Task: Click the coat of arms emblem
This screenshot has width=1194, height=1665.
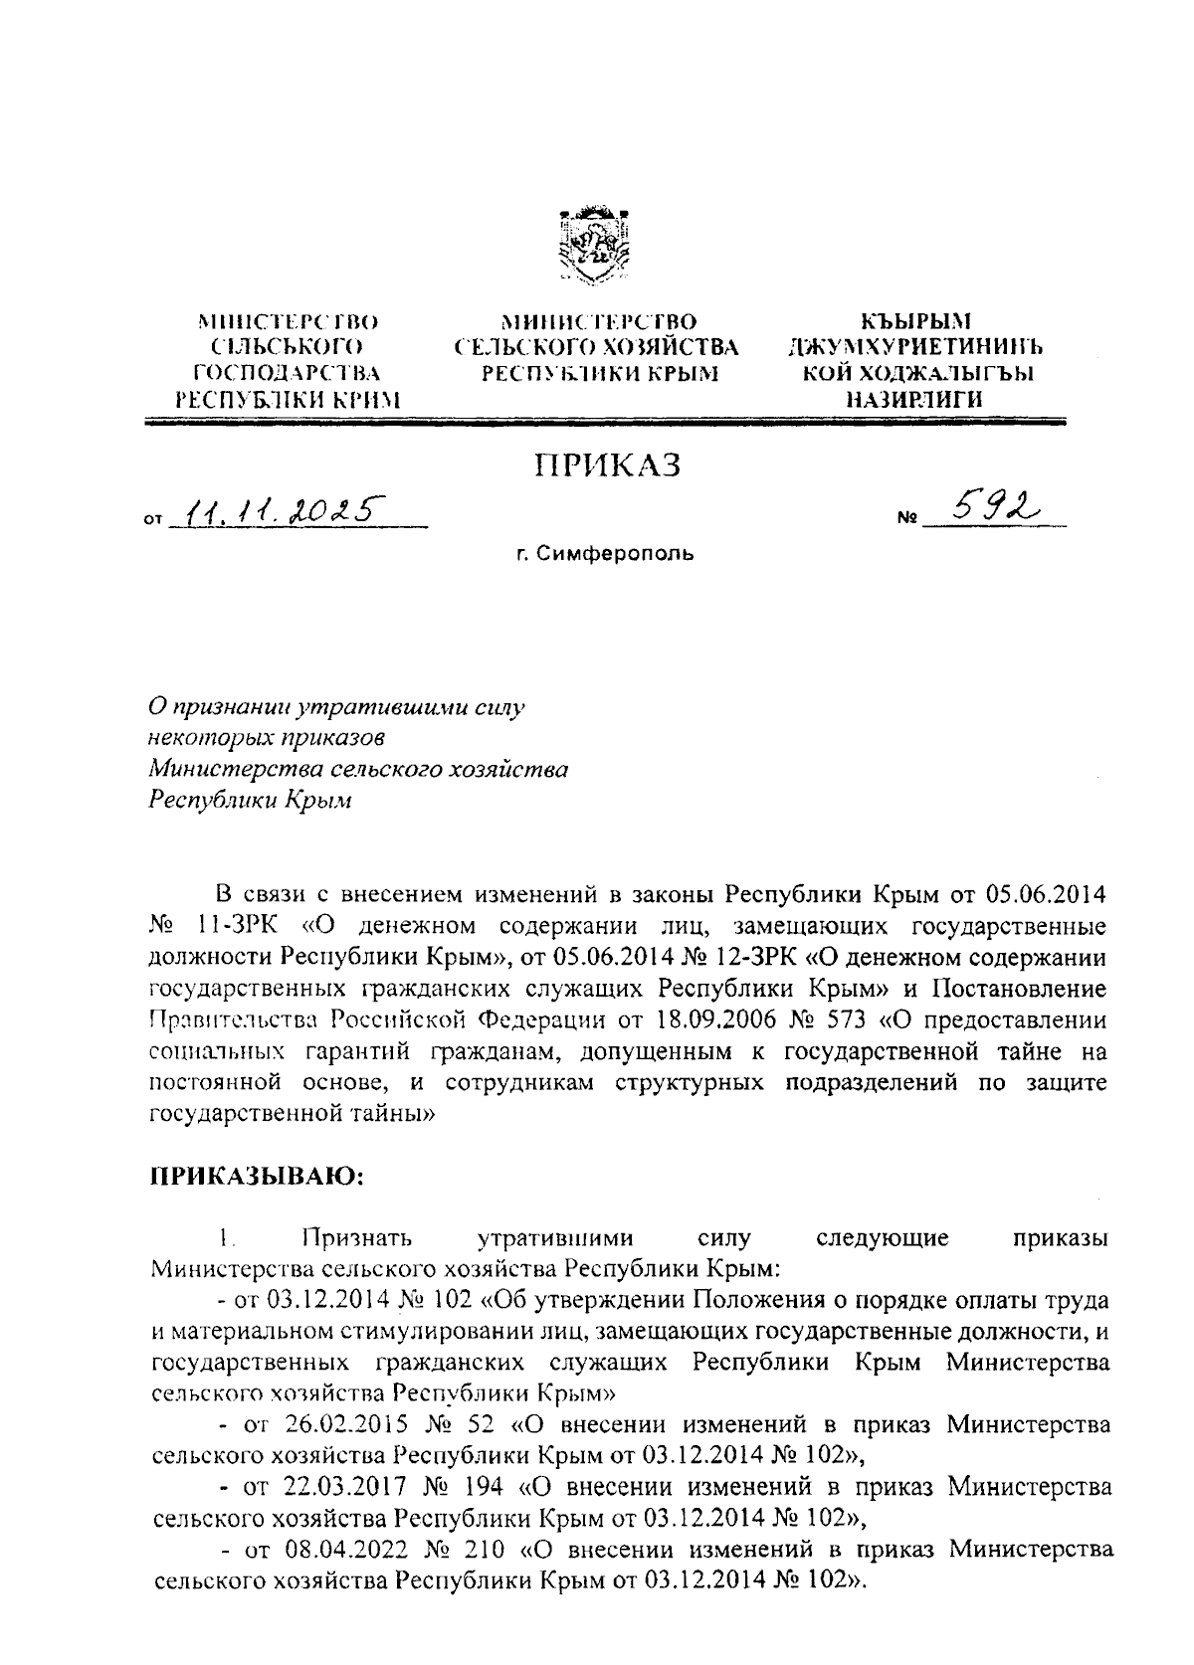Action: pyautogui.click(x=595, y=246)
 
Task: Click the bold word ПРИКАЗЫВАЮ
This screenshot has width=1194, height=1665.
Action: pyautogui.click(x=257, y=1177)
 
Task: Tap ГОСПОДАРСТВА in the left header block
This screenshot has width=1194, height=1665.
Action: pyautogui.click(x=288, y=373)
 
